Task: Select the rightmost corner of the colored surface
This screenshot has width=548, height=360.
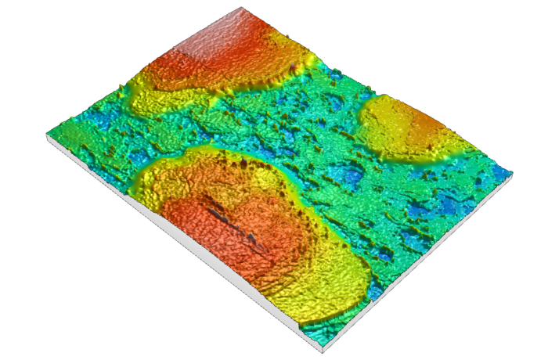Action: [514, 170]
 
